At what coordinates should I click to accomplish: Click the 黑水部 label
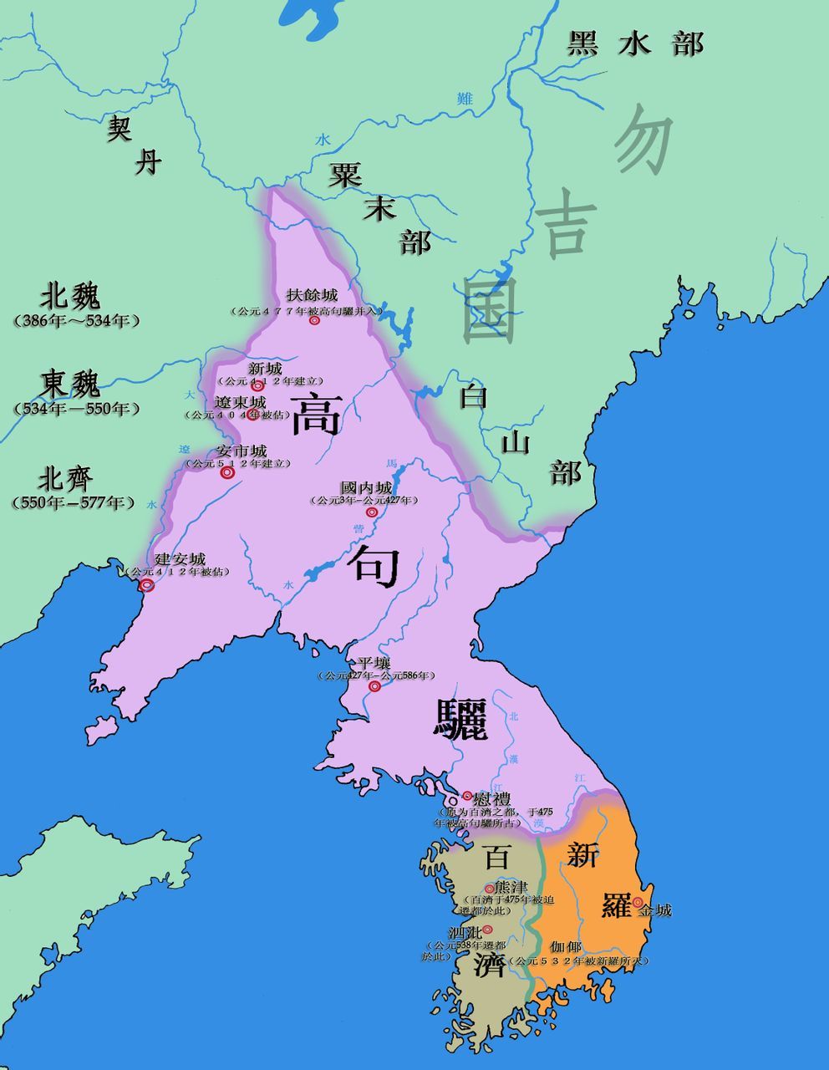click(635, 43)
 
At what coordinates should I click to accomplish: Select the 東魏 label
click(70, 384)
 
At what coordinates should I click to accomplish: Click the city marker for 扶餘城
click(315, 320)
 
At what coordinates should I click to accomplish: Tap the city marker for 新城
click(257, 385)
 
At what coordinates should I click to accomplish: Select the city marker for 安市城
click(226, 472)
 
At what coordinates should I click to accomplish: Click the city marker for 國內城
click(372, 512)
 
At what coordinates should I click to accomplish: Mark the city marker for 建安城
click(147, 585)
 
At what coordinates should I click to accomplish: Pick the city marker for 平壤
click(375, 686)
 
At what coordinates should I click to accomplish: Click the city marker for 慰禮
click(468, 797)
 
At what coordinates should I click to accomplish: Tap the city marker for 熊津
click(490, 889)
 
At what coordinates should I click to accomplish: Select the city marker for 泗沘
click(487, 929)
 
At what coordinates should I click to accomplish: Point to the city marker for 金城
click(638, 902)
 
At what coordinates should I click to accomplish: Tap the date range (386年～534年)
click(76, 321)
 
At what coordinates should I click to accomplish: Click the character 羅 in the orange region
click(617, 904)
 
